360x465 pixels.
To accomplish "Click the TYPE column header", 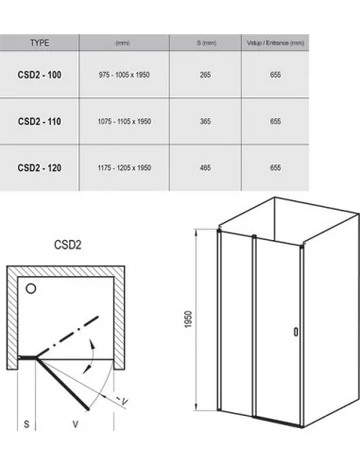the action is point(40,43).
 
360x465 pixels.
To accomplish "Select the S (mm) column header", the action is point(207,43).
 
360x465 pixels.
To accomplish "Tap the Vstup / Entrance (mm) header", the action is point(275,43).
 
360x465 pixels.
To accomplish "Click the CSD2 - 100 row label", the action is point(40,75).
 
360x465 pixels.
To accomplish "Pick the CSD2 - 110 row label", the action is point(40,121).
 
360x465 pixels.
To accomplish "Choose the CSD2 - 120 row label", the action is point(40,167).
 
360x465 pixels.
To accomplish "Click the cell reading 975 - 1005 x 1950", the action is point(124,75).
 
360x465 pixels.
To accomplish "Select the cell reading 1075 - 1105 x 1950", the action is point(124,121).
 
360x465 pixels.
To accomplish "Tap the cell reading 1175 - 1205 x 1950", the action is point(124,167).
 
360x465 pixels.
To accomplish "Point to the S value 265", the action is point(205,75).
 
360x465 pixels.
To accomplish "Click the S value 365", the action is point(205,121).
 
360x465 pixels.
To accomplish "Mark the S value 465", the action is point(205,167).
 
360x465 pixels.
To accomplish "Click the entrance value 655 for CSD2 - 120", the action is point(275,167).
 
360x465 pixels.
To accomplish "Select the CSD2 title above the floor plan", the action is point(68,245).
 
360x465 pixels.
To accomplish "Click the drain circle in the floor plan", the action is point(31,288).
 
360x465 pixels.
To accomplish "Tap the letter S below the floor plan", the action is point(26,424).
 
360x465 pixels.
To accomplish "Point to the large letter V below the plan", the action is point(76,424).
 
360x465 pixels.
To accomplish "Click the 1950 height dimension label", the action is point(188,319).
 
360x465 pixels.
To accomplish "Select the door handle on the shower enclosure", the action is point(296,332).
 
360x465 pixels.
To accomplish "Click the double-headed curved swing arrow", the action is point(93,357).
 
